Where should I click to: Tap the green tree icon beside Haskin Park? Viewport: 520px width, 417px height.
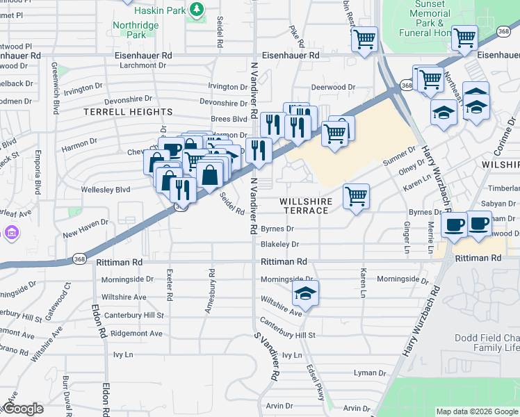tap(197, 9)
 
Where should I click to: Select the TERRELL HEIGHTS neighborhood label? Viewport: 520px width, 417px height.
tap(128, 112)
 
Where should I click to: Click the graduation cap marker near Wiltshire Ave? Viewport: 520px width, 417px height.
tap(304, 294)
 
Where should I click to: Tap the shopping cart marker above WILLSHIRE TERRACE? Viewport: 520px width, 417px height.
tap(356, 197)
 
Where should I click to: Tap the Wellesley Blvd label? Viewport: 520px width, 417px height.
tap(106, 189)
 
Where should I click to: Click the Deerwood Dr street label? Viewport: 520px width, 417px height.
tap(333, 88)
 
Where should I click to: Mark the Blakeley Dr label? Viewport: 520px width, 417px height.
tap(279, 245)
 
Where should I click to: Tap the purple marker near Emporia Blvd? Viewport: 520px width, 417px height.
tap(12, 233)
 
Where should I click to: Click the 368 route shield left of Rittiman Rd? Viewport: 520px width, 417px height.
tap(78, 259)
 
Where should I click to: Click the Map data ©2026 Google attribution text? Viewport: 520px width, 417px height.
tap(477, 411)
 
